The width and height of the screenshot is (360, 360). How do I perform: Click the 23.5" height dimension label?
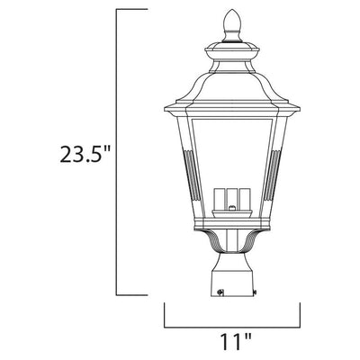point(84,154)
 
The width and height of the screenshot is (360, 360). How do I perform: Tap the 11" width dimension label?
point(236,341)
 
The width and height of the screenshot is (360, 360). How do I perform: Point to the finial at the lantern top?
point(232,26)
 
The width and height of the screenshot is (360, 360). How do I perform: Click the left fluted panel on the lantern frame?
point(192,175)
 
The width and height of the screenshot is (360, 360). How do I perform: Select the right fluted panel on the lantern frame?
point(273,175)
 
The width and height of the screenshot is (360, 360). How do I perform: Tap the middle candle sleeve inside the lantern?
point(232,199)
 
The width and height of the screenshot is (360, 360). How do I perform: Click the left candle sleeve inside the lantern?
point(220,199)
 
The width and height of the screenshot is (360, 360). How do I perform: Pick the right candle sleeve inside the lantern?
point(245,199)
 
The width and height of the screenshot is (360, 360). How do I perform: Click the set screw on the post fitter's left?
point(220,292)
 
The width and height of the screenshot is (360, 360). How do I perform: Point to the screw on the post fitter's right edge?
point(255,292)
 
